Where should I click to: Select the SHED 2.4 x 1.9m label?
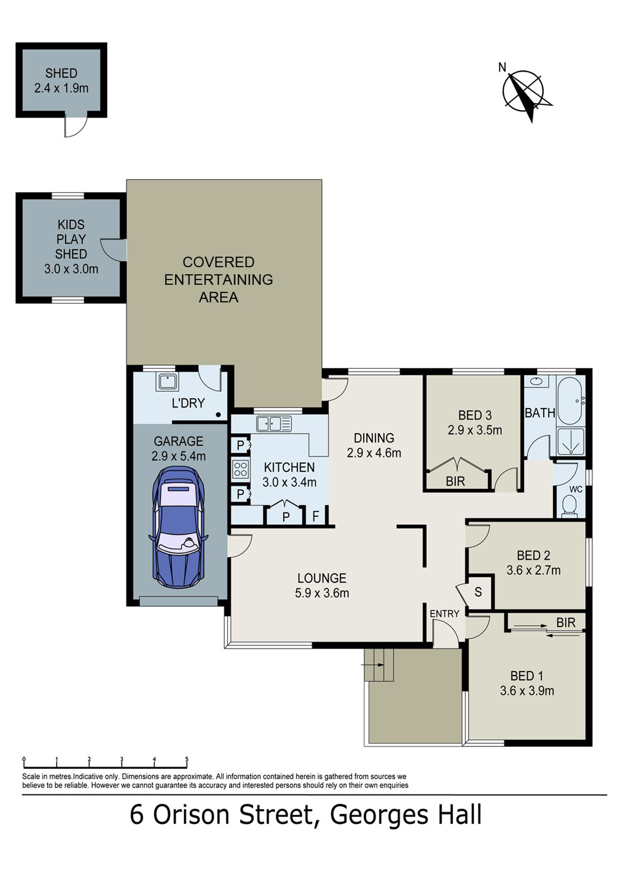tap(61, 81)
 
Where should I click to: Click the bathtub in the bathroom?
tap(570, 401)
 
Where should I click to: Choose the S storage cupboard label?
tap(478, 592)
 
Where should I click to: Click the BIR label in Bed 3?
tap(455, 481)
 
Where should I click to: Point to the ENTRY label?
tap(444, 614)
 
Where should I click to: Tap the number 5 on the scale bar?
tap(187, 759)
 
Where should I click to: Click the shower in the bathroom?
tap(571, 441)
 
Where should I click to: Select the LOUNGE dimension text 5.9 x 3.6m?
tap(322, 593)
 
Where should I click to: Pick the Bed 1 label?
tap(527, 676)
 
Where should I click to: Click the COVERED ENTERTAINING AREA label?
tap(219, 280)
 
